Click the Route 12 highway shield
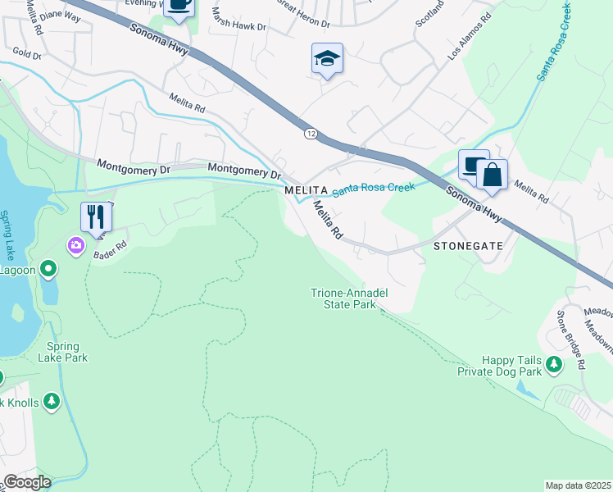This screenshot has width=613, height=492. [311, 133]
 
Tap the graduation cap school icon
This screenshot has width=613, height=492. [327, 59]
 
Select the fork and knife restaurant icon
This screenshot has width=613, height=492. [96, 217]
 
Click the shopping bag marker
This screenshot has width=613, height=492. [492, 175]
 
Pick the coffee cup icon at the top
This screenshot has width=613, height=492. [179, 5]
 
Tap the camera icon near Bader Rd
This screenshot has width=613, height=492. [76, 245]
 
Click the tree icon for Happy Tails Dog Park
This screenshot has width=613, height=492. [555, 364]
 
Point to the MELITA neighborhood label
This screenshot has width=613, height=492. [306, 190]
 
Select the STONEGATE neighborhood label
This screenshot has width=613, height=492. [466, 245]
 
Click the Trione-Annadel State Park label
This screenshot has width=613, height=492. [349, 298]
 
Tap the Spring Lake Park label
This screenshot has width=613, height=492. [62, 352]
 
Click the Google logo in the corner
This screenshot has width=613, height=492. [26, 482]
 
